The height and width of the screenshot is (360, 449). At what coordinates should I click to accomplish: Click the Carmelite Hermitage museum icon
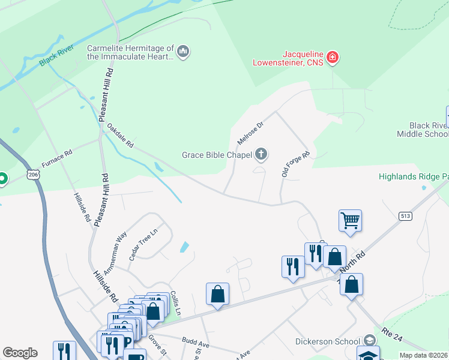[x=184, y=52]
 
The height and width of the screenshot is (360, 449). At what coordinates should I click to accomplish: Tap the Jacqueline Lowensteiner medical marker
[x=332, y=58]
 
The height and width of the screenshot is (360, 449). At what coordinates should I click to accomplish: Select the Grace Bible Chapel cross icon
[x=261, y=155]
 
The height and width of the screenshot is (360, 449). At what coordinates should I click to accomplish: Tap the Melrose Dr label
[x=250, y=133]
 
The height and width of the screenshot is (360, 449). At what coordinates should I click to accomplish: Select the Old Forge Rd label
[x=295, y=164]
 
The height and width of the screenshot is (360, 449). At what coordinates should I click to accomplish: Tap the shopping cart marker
[x=350, y=220]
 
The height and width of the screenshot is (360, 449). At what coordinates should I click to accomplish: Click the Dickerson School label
[x=327, y=341]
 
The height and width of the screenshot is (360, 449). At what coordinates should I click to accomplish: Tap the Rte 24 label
[x=391, y=335]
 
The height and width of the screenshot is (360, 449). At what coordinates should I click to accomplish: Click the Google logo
[x=20, y=353]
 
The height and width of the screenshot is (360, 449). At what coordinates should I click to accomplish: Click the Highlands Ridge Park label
[x=414, y=176]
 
